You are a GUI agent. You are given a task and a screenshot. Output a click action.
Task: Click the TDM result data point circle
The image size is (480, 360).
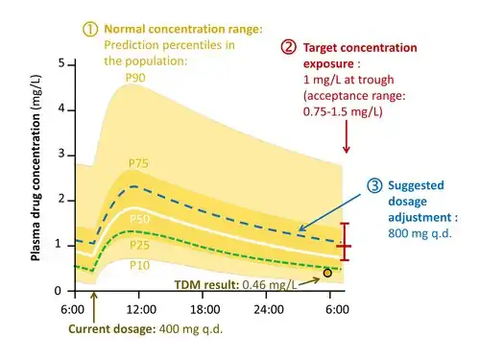click(327, 273)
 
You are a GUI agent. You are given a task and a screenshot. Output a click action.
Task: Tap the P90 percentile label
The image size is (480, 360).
click(135, 78)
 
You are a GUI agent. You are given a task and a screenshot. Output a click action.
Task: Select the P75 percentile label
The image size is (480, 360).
click(138, 163)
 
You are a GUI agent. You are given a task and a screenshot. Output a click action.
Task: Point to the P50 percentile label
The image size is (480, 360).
click(140, 219)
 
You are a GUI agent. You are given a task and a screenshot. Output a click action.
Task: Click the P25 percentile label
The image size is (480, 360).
click(139, 246)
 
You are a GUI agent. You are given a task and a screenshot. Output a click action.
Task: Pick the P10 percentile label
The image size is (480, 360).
click(139, 266)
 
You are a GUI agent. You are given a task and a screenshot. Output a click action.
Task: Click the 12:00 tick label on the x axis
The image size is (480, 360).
click(141, 310)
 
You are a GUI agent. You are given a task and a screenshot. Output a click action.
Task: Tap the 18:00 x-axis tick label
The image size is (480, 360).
click(204, 310)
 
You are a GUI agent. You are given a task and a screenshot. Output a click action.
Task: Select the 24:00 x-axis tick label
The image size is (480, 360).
click(269, 310)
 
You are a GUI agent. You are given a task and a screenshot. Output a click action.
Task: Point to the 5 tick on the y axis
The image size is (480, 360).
click(61, 63)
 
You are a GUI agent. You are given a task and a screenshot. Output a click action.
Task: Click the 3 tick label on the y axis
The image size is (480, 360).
click(61, 154)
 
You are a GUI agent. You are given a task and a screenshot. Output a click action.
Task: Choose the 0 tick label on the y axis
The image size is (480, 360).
click(58, 291)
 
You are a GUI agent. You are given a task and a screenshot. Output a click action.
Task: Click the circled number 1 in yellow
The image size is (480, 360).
click(90, 29)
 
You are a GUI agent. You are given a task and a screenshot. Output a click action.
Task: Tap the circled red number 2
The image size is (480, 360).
click(289, 47)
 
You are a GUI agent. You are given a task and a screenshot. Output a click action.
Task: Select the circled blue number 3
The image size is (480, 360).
click(374, 185)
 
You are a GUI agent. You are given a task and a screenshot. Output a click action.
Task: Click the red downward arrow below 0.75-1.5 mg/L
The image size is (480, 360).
click(346, 136)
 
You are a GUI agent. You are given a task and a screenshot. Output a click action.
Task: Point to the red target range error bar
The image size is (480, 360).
click(345, 242)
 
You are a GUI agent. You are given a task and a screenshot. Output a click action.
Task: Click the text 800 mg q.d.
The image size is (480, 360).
click(420, 233)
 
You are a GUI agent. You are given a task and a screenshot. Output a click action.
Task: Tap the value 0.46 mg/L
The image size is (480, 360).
click(270, 284)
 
